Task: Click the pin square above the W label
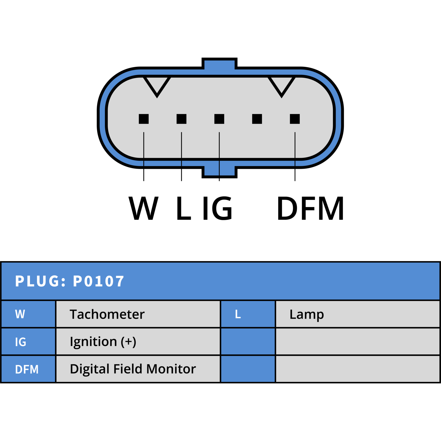144,119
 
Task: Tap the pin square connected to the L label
181,119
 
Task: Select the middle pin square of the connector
219,119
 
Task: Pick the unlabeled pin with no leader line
257,119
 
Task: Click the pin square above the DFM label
295,119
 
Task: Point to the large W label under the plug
144,208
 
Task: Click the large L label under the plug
184,208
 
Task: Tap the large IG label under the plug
217,208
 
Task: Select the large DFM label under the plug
310,208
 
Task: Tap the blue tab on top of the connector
219,63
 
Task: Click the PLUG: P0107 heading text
69,281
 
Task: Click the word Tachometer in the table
107,314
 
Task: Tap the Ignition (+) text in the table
103,342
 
